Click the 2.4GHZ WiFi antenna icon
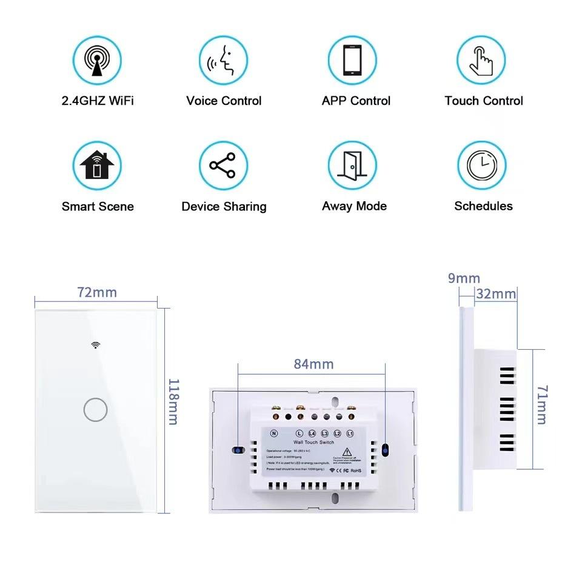point(97,60)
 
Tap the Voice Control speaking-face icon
point(224,60)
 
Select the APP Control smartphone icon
point(352,60)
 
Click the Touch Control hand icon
point(481,60)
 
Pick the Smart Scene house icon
point(97,166)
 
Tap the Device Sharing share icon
point(224,166)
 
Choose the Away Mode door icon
point(352,166)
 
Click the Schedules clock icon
point(481,166)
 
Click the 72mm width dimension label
point(96,292)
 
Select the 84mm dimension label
point(313,364)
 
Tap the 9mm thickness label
point(464,278)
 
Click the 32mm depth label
point(496,294)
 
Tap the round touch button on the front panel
point(95,410)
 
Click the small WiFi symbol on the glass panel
point(96,345)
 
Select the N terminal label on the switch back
point(275,433)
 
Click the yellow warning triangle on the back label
point(345,452)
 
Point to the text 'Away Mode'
point(354,206)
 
